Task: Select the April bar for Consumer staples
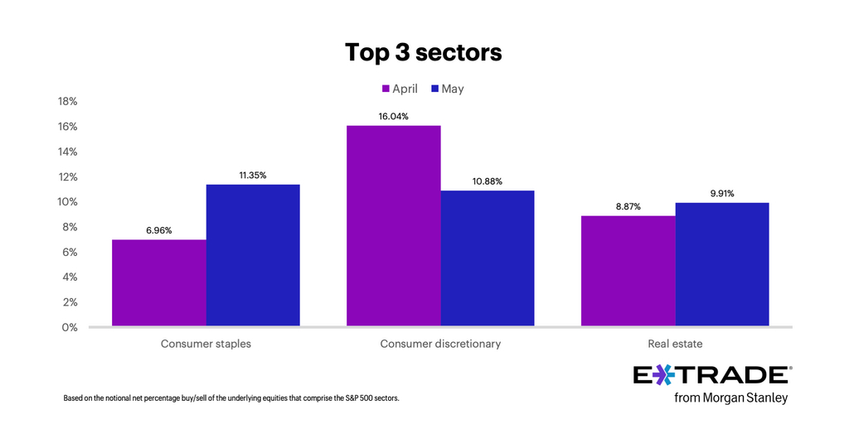pos(159,283)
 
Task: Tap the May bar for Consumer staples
pos(253,255)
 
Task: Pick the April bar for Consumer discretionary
pos(394,226)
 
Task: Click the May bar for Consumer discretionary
pos(488,258)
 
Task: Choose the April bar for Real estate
pos(628,271)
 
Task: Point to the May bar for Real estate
pos(722,264)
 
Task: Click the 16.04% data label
pos(394,117)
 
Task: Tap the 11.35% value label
pos(252,176)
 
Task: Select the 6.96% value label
pos(158,230)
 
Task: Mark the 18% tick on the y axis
pos(67,102)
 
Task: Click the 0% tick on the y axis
pos(70,327)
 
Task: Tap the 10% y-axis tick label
pos(67,202)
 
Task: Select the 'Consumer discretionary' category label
pos(440,344)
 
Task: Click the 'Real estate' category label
pos(675,344)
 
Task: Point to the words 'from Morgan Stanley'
pos(731,398)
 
